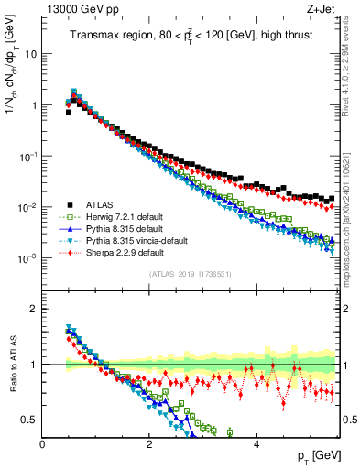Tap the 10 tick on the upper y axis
point(31,53)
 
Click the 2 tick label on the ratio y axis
point(34,309)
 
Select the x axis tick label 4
point(256,444)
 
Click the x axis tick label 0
point(42,444)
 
